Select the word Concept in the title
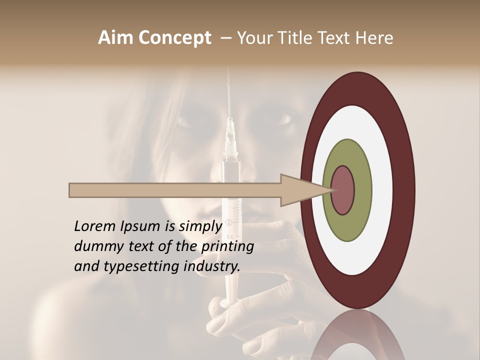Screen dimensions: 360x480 point(175,38)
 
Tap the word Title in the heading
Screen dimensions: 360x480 point(300,38)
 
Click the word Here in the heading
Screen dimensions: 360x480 point(374,38)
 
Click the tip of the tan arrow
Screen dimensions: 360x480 point(331,190)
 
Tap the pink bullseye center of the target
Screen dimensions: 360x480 point(342,190)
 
